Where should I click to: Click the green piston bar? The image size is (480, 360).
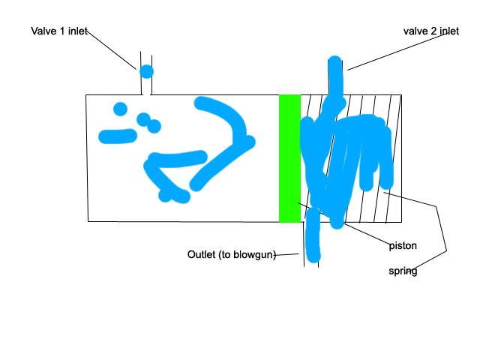point(289,158)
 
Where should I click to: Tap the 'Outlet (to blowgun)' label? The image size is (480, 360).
point(232,255)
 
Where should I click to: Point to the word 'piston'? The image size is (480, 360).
point(403,245)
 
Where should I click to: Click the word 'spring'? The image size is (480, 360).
point(403,271)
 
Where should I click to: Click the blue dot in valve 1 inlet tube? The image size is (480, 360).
point(146,72)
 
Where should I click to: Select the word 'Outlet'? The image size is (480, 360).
point(202,255)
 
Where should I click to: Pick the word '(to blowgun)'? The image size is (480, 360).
point(247,255)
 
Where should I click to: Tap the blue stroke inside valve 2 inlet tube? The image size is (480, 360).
point(334,75)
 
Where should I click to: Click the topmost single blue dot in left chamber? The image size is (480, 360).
point(120,109)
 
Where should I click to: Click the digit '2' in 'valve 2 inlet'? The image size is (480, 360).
point(433,31)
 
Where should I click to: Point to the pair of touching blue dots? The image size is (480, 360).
point(148,123)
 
